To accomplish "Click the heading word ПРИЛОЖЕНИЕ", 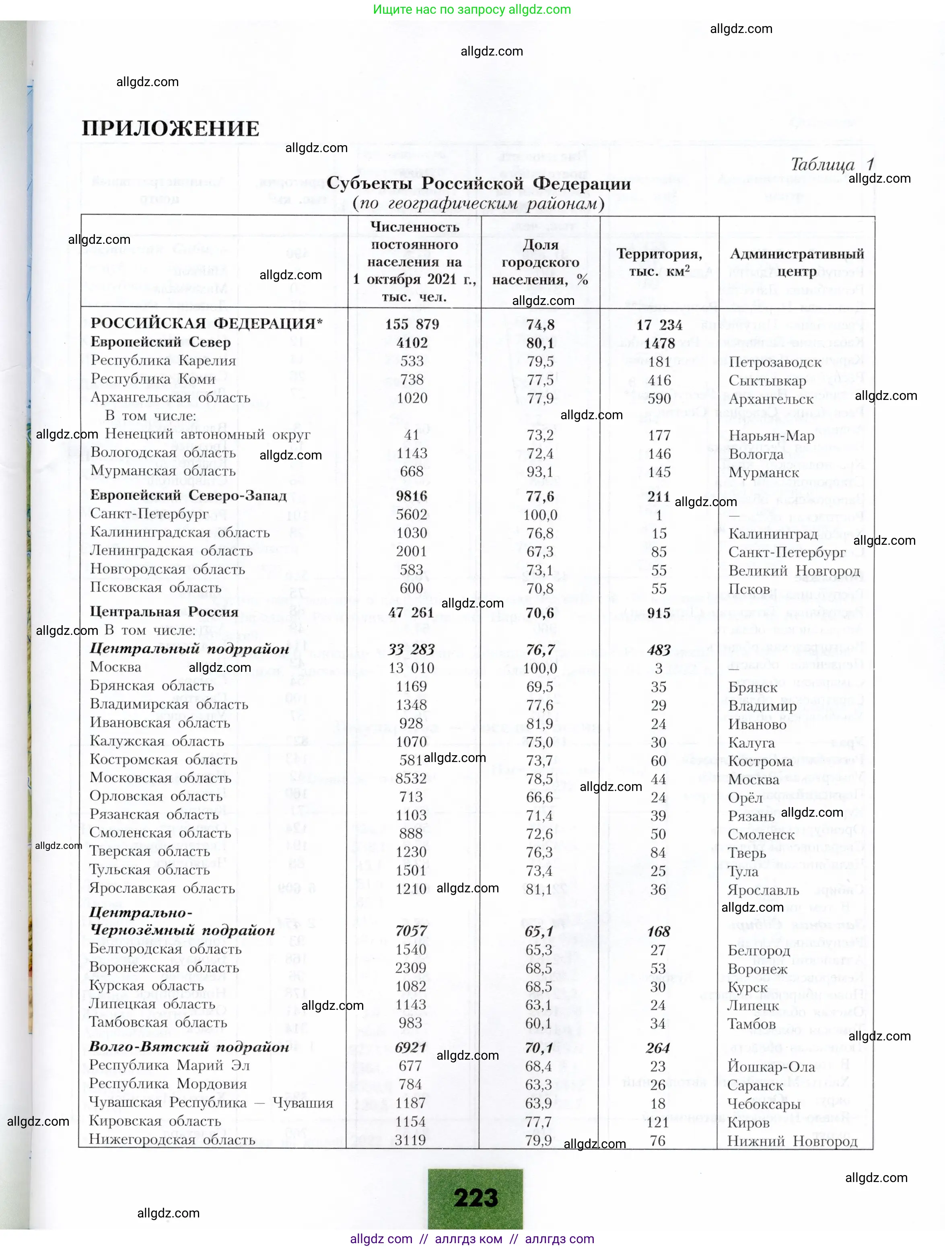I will click(170, 129).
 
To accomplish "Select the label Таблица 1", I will click(832, 165).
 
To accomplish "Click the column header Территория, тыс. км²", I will click(659, 262).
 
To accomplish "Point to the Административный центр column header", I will click(797, 262).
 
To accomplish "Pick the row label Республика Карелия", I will click(163, 360).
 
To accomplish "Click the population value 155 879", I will click(412, 324).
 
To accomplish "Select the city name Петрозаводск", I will click(775, 362).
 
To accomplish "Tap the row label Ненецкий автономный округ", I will click(208, 435).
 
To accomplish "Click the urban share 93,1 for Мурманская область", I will click(540, 471).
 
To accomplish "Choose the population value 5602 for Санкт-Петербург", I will click(412, 514).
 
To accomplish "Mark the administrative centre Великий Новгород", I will click(793, 571).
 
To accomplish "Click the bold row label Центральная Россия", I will click(164, 612).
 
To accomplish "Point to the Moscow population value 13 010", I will click(412, 668).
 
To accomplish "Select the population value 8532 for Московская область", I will click(411, 778).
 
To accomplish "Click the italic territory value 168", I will click(659, 931).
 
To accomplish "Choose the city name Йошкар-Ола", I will click(771, 1067).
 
